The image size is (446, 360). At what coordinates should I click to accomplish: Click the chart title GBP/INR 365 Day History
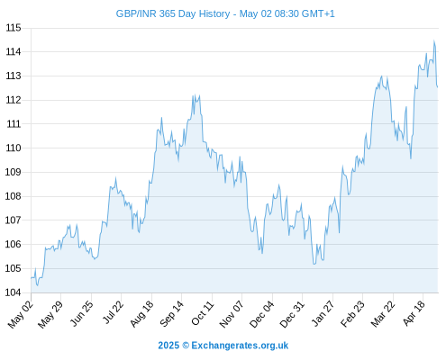tap(173, 13)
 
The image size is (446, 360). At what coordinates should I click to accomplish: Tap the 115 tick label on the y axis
tap(14, 28)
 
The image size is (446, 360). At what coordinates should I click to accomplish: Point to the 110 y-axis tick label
tap(14, 148)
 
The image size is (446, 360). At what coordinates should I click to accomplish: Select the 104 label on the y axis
tap(14, 292)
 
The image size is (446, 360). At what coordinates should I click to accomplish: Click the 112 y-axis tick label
tap(14, 100)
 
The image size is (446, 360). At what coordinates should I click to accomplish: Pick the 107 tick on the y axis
tap(14, 220)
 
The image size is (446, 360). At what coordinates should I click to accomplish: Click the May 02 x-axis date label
tap(20, 314)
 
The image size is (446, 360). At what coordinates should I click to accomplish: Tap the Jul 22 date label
tap(113, 312)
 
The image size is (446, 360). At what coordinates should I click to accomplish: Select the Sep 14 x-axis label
tap(171, 314)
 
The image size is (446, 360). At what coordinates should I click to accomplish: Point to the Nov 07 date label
tap(231, 314)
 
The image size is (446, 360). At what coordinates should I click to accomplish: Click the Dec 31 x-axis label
tap(292, 314)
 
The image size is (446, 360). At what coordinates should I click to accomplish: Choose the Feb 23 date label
tap(352, 314)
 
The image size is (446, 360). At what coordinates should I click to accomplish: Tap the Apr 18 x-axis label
tap(414, 313)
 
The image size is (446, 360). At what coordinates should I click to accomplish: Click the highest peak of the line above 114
tap(433, 40)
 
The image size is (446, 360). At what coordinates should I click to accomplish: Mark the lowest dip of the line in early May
tap(37, 285)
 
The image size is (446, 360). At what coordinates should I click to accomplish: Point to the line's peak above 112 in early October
tap(193, 95)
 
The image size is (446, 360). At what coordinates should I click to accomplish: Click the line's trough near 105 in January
tap(314, 264)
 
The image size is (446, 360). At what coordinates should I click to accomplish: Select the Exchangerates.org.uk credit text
tap(240, 346)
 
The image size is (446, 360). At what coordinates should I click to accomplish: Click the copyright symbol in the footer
tap(186, 346)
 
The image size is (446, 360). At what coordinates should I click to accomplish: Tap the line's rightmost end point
tap(438, 87)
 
